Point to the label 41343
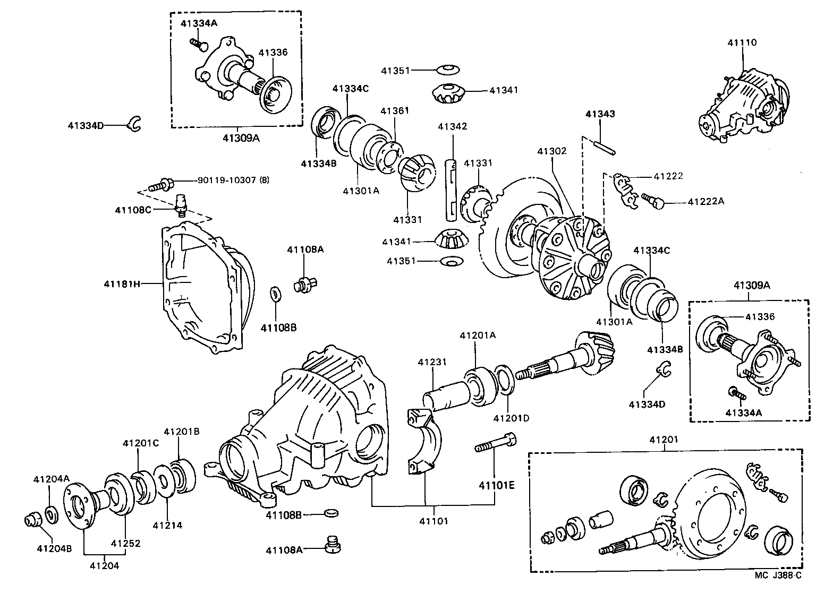pyautogui.click(x=600, y=114)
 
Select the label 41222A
pyautogui.click(x=705, y=202)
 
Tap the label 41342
pyautogui.click(x=453, y=126)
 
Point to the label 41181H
pyautogui.click(x=122, y=283)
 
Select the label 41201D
pyautogui.click(x=511, y=418)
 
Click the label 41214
pyautogui.click(x=167, y=526)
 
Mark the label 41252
pyautogui.click(x=125, y=544)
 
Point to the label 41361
pyautogui.click(x=395, y=110)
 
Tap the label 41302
pyautogui.click(x=552, y=151)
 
